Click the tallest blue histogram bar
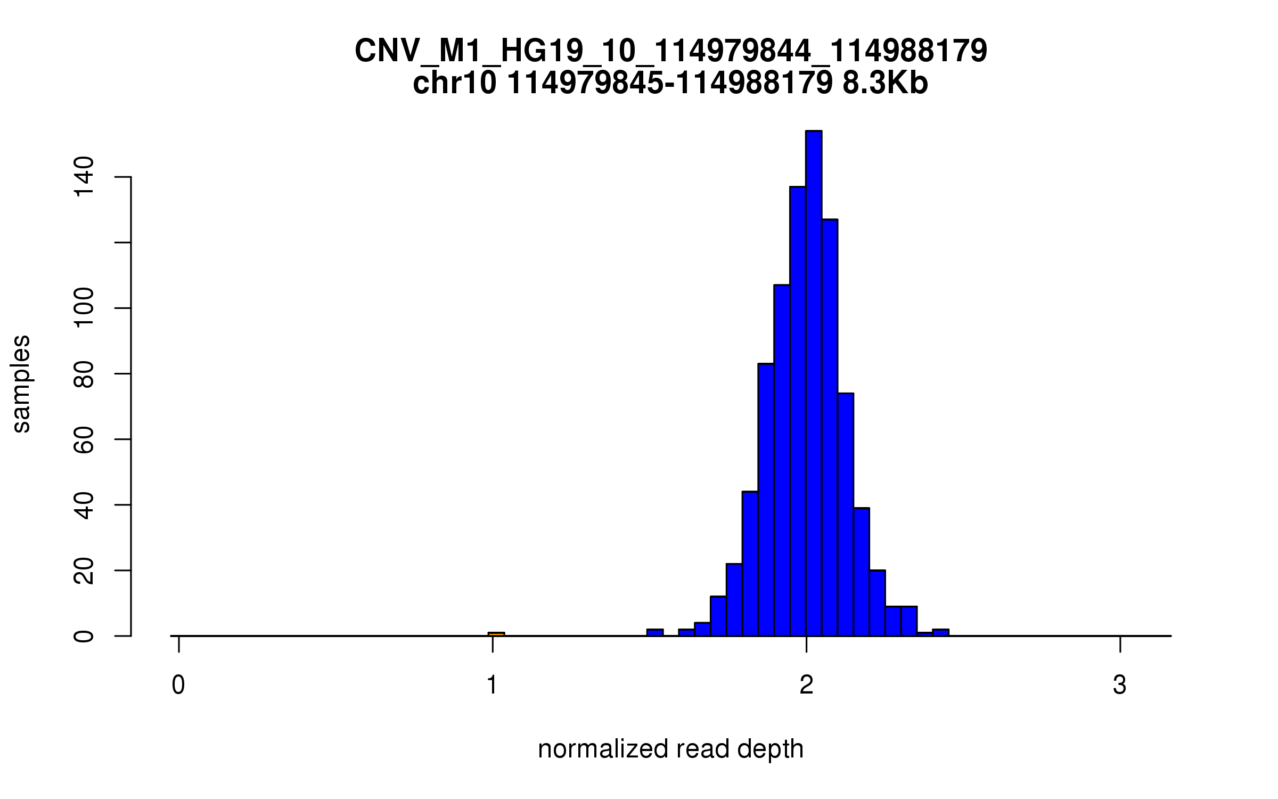click(x=814, y=384)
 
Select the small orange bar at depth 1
click(x=496, y=634)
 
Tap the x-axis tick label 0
click(x=178, y=686)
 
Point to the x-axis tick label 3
click(x=1120, y=686)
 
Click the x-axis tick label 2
click(x=806, y=686)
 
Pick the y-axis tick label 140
click(x=84, y=177)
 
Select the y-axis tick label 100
click(x=84, y=308)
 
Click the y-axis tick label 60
click(x=84, y=439)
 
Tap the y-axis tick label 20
click(x=84, y=570)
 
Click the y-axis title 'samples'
click(x=21, y=384)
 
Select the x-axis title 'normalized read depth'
click(x=670, y=749)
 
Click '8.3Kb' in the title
click(x=885, y=84)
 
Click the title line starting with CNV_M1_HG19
click(x=670, y=51)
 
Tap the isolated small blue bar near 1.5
click(x=655, y=632)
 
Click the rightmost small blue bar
click(x=940, y=632)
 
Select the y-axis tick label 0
click(x=84, y=636)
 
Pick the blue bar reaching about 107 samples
click(x=782, y=461)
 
